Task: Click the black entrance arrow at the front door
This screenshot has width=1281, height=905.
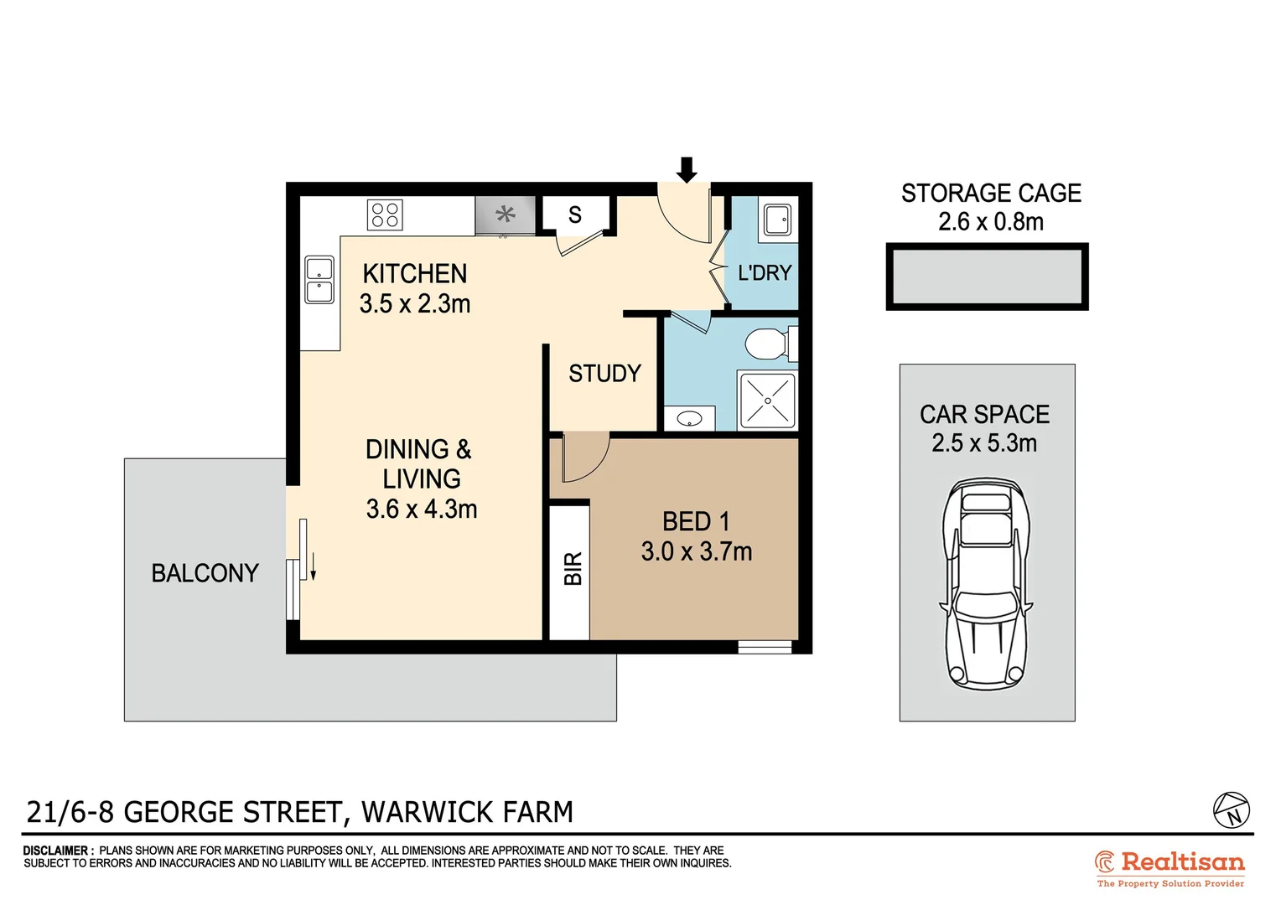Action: point(687,169)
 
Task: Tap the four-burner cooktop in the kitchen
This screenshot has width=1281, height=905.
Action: point(385,215)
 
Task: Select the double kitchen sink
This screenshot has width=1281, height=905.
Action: point(319,280)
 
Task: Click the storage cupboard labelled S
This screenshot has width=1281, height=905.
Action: point(575,215)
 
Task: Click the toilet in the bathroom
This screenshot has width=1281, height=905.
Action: point(768,344)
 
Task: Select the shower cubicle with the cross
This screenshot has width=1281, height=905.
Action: point(767,401)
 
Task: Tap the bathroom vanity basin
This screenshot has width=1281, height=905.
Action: point(689,418)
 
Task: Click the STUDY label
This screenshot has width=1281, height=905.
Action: point(604,374)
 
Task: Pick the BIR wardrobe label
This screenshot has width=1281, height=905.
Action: point(573,569)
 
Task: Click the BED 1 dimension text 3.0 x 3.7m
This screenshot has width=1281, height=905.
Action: point(697,551)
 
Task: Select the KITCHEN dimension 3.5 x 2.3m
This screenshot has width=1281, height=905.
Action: point(415,303)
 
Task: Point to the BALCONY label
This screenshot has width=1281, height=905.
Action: point(205,573)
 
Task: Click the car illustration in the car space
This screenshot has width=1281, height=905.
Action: point(986,583)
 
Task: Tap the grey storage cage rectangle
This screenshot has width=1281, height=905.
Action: point(987,277)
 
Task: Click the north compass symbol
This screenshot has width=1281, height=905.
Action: point(1232,810)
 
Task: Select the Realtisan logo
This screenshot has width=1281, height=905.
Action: point(1169,867)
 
